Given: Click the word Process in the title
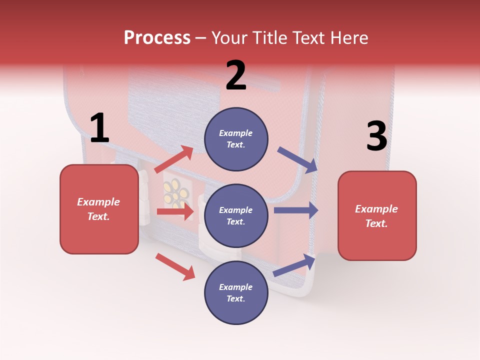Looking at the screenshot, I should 157,38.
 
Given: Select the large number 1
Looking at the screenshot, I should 99,128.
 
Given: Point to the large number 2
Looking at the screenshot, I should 236,75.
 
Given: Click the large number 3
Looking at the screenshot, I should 376,137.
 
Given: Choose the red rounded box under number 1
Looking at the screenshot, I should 99,209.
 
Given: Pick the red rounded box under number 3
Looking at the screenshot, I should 377,215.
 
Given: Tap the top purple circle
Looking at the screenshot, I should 236,139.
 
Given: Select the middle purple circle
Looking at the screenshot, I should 236,215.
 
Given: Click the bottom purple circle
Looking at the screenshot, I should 236,292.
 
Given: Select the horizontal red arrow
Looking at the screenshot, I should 175,211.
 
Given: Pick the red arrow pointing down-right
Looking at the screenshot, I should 175,266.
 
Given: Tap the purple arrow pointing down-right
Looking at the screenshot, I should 297,160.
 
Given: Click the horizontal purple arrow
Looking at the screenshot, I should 296,210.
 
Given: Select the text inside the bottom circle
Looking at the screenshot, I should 236,292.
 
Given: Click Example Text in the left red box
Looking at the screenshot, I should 99,209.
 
